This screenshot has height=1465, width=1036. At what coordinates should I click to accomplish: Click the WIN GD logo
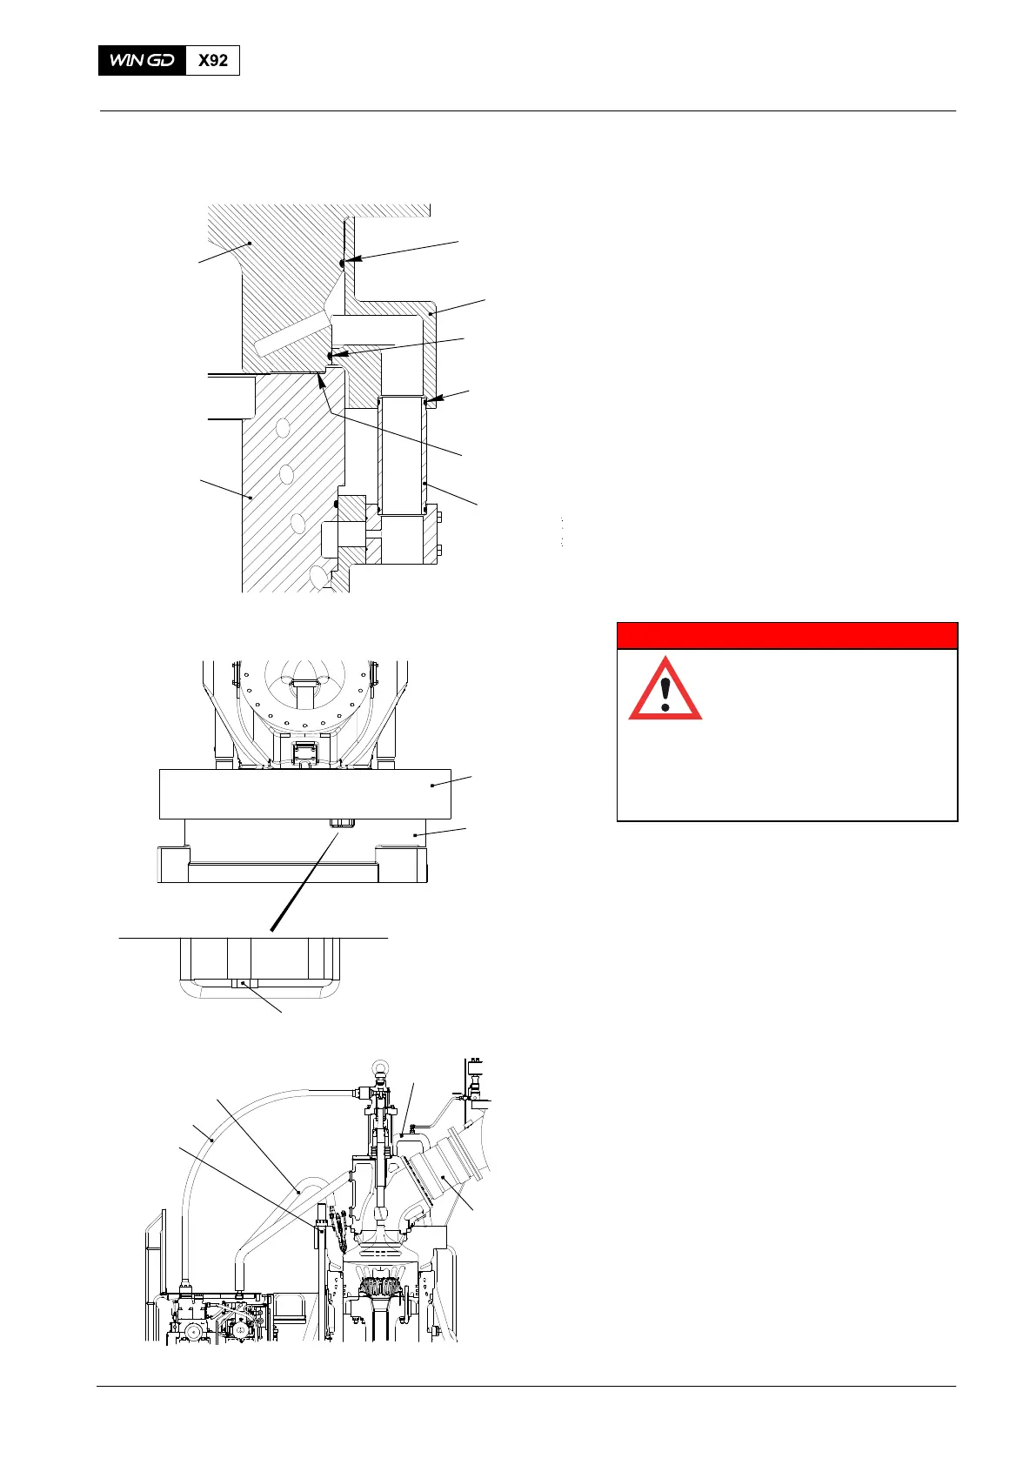click(143, 61)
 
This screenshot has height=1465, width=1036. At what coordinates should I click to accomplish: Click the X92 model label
click(213, 61)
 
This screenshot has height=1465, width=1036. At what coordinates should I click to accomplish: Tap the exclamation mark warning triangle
click(665, 688)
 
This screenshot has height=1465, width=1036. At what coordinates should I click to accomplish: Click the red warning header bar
click(786, 636)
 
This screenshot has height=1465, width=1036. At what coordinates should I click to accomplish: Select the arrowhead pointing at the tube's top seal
click(430, 401)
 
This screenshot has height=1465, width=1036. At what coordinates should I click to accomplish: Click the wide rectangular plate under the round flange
click(304, 793)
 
